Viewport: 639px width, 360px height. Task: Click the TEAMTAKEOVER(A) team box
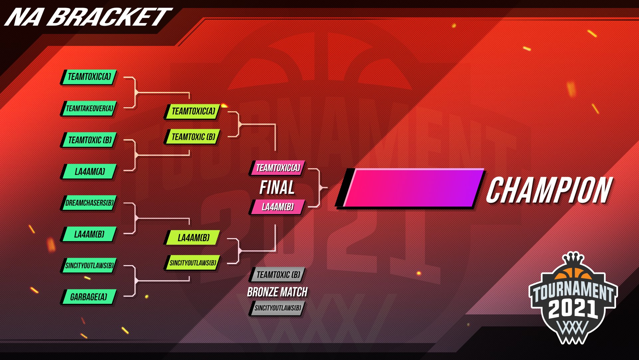pyautogui.click(x=89, y=109)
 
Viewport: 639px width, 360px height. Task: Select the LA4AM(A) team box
pyautogui.click(x=89, y=172)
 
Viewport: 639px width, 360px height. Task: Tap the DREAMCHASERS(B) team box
pyautogui.click(x=89, y=203)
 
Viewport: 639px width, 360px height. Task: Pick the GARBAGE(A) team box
pyautogui.click(x=89, y=297)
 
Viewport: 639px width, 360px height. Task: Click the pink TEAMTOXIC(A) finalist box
pyautogui.click(x=278, y=168)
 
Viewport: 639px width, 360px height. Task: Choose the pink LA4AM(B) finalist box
pyautogui.click(x=278, y=207)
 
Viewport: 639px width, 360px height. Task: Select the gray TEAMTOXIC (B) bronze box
pyautogui.click(x=278, y=275)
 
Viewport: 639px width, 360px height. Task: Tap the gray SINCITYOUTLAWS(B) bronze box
pyautogui.click(x=278, y=308)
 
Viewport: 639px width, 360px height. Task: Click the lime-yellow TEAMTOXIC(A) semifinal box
pyautogui.click(x=193, y=111)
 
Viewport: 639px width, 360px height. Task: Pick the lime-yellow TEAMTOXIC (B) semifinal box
pyautogui.click(x=193, y=137)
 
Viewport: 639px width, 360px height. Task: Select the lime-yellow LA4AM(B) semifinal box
pyautogui.click(x=193, y=238)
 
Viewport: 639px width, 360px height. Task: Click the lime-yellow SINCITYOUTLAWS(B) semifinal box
pyautogui.click(x=193, y=263)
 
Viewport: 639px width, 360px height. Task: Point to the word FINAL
pyautogui.click(x=277, y=187)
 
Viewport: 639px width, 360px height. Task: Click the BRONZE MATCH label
pyautogui.click(x=277, y=292)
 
